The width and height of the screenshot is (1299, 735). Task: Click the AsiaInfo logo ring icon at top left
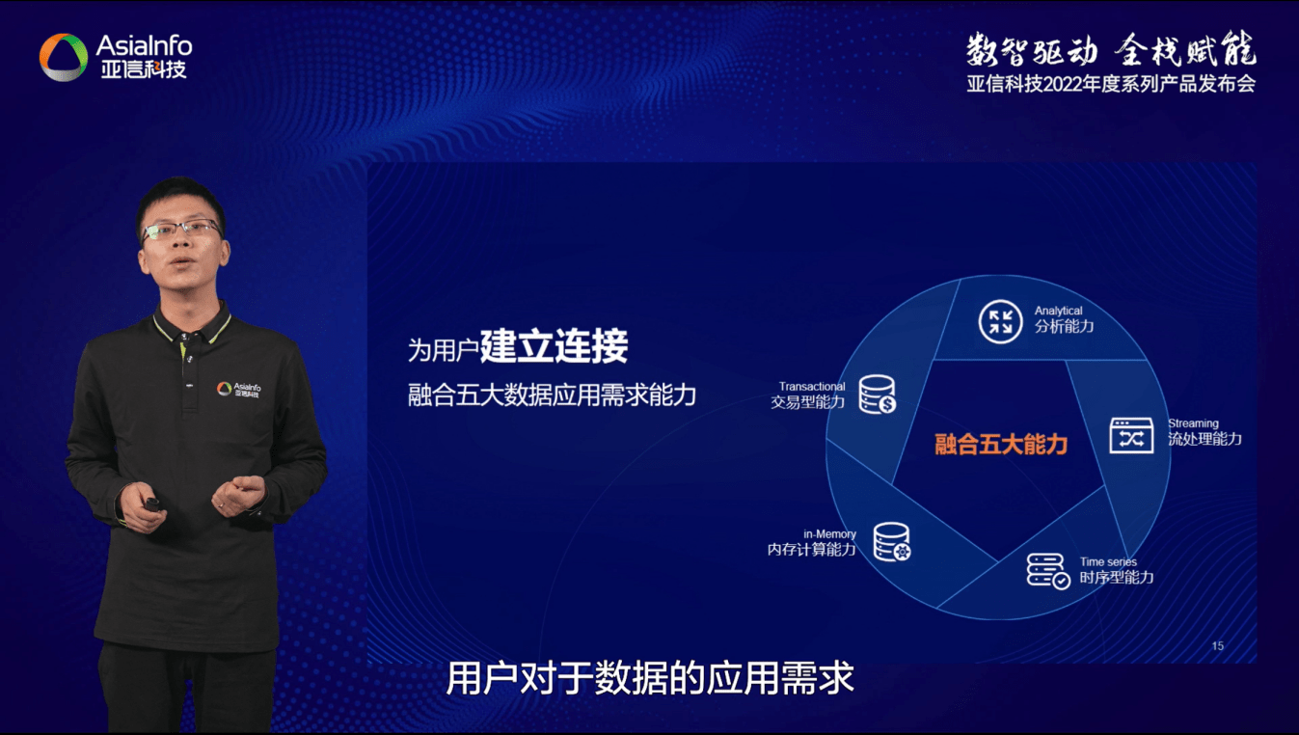click(x=64, y=57)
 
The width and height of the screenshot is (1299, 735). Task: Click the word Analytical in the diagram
click(x=1058, y=311)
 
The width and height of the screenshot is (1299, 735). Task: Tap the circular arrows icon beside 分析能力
click(x=1000, y=321)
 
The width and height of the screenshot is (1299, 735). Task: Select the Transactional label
click(x=812, y=387)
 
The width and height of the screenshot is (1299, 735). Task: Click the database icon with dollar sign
click(x=878, y=395)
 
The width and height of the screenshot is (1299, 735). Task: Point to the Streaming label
click(x=1193, y=423)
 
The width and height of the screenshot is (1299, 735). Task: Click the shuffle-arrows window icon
click(x=1131, y=435)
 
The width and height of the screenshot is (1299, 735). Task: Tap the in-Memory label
click(x=830, y=533)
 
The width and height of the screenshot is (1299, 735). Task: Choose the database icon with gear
click(x=892, y=542)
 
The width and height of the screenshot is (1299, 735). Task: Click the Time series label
click(x=1108, y=561)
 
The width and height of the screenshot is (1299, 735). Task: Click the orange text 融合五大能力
click(x=1001, y=445)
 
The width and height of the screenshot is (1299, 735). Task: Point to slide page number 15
click(x=1218, y=645)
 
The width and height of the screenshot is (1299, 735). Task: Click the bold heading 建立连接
click(x=554, y=345)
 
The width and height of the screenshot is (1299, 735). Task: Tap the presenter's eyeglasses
click(x=181, y=230)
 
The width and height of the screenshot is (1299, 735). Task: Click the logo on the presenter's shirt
click(x=238, y=390)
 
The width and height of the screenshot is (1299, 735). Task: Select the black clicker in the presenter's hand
click(x=152, y=504)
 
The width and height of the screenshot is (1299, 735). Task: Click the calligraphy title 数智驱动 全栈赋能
click(x=1111, y=50)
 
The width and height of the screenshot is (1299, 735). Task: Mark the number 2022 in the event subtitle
click(x=1064, y=84)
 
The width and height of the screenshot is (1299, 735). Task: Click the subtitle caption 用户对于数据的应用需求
click(x=650, y=677)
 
